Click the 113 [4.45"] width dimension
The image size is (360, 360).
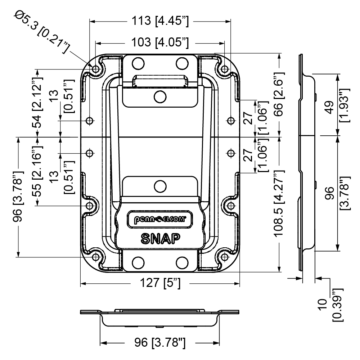(160, 21)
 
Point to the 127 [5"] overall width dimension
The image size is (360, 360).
(160, 284)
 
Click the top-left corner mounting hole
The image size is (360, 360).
(96, 69)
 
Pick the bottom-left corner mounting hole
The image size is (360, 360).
(96, 257)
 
